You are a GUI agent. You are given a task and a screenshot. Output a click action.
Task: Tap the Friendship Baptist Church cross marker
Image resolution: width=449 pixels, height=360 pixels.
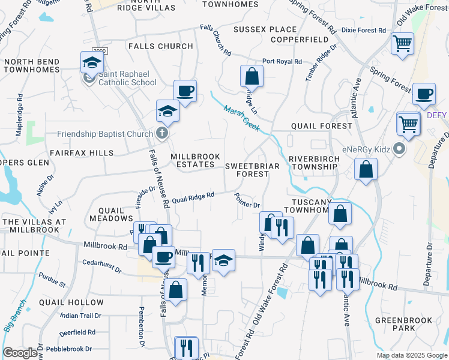(161, 133)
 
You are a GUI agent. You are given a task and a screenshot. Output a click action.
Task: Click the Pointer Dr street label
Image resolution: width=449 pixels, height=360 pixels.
(247, 201)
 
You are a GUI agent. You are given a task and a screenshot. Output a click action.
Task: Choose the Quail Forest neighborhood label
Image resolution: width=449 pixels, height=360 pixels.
(321, 126)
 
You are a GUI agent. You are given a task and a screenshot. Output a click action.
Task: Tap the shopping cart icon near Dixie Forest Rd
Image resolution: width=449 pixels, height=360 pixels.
(402, 43)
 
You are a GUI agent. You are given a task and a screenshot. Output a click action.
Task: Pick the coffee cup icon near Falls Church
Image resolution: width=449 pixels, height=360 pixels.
(185, 91)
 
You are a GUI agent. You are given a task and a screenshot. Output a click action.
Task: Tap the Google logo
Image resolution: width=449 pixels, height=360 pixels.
(20, 353)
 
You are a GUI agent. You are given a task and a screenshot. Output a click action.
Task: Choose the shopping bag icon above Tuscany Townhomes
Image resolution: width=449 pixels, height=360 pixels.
(366, 169)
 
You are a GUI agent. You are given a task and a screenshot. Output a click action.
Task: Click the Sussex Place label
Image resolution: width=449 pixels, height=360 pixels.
(265, 29)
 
